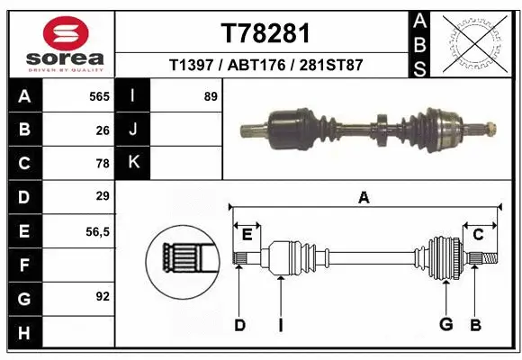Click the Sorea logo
point(58,42)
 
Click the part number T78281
point(265,33)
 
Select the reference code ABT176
point(265,66)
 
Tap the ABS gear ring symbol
point(471,42)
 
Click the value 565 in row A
point(99,96)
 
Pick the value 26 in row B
point(103,130)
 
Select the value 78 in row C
point(103,163)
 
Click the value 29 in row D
point(103,196)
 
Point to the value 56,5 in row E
point(97,230)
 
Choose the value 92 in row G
point(103,296)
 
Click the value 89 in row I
point(211,96)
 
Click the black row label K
point(133,163)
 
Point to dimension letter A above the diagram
point(364,198)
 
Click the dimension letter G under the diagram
point(444,325)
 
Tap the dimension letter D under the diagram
point(239,325)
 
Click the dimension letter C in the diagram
point(479,235)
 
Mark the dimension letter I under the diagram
point(280,325)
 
